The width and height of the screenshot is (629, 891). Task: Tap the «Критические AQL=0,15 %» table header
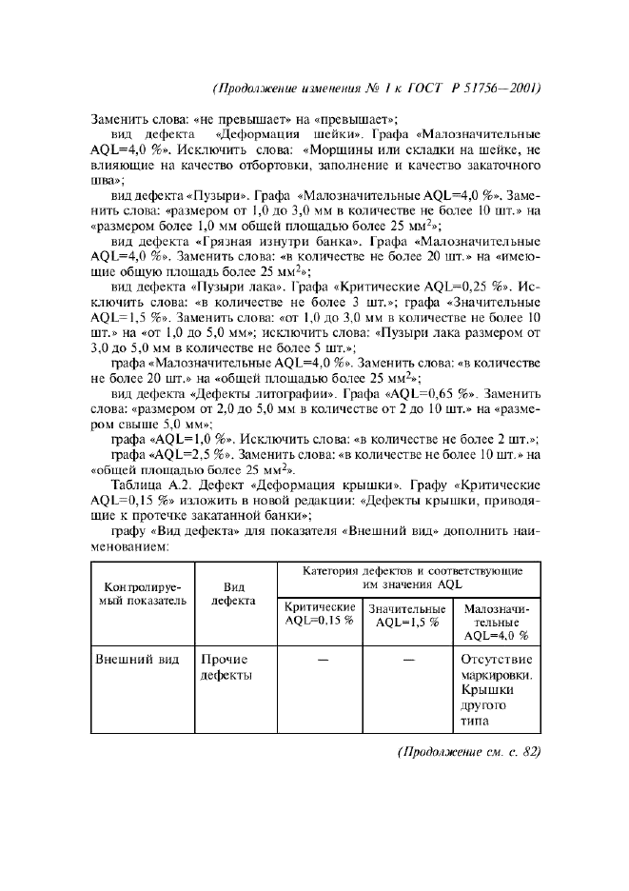pos(320,614)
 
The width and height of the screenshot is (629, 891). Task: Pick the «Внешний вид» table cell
pos(137,660)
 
